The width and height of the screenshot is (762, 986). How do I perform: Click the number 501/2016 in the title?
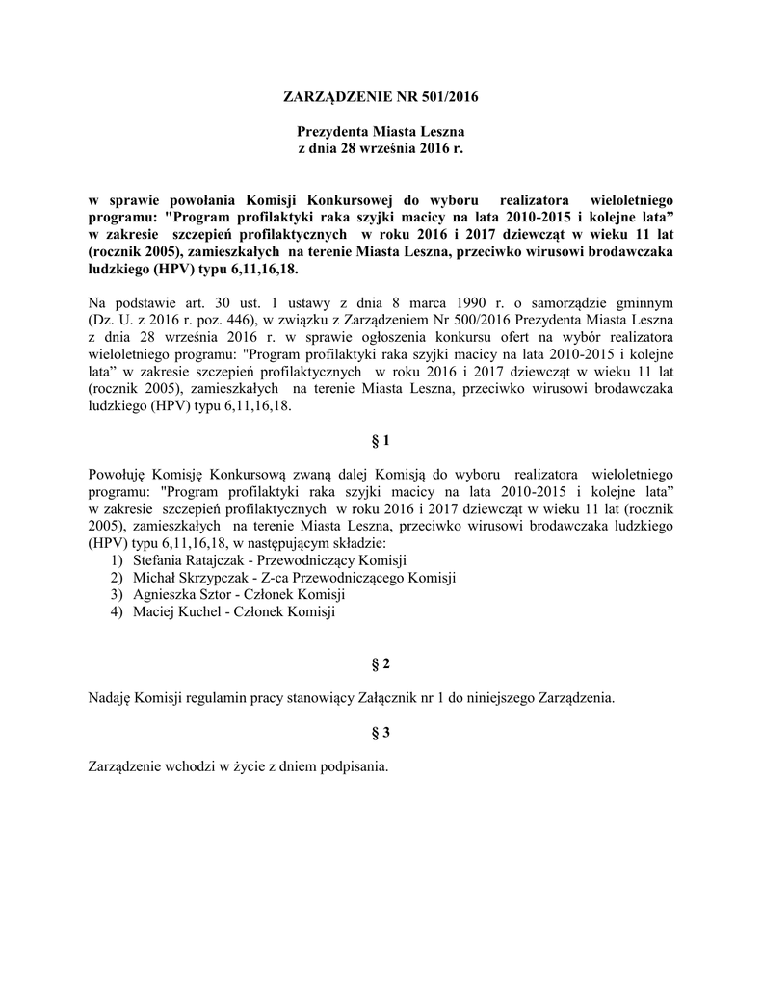click(x=449, y=97)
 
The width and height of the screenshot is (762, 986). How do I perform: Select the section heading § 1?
click(x=381, y=441)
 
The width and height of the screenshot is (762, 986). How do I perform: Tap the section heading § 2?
click(x=381, y=665)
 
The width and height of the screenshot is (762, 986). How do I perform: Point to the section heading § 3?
click(x=381, y=733)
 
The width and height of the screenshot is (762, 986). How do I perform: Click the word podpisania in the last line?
click(x=355, y=766)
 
